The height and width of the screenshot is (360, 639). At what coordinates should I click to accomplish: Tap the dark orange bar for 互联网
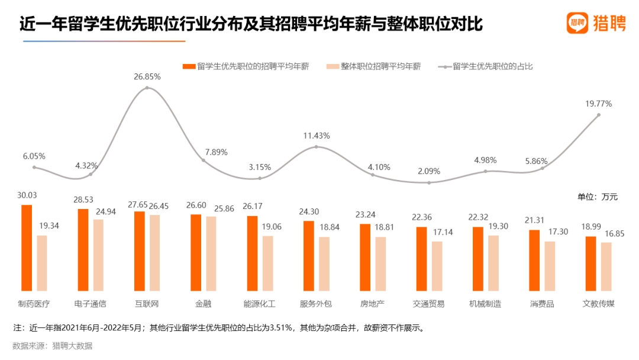139,250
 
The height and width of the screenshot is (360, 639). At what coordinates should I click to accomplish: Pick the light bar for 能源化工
267,263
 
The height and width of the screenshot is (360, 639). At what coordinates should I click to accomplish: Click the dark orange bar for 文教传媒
590,263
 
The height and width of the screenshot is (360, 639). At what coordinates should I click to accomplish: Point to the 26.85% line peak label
147,77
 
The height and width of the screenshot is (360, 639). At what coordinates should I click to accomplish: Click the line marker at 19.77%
599,115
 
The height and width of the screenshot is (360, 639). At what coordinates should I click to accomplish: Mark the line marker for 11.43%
316,147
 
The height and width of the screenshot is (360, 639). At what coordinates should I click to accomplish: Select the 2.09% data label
429,171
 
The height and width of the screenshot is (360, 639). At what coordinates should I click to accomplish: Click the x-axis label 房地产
372,304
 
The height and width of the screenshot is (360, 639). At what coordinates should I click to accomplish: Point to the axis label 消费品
542,304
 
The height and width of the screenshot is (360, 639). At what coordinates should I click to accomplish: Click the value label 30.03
27,195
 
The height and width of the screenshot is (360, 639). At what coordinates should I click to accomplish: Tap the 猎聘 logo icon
577,23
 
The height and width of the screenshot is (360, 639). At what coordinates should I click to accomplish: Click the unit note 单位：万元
597,197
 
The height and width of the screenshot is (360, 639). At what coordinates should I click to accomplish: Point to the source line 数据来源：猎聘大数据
53,346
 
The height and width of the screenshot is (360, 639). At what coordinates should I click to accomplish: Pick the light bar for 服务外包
324,263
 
